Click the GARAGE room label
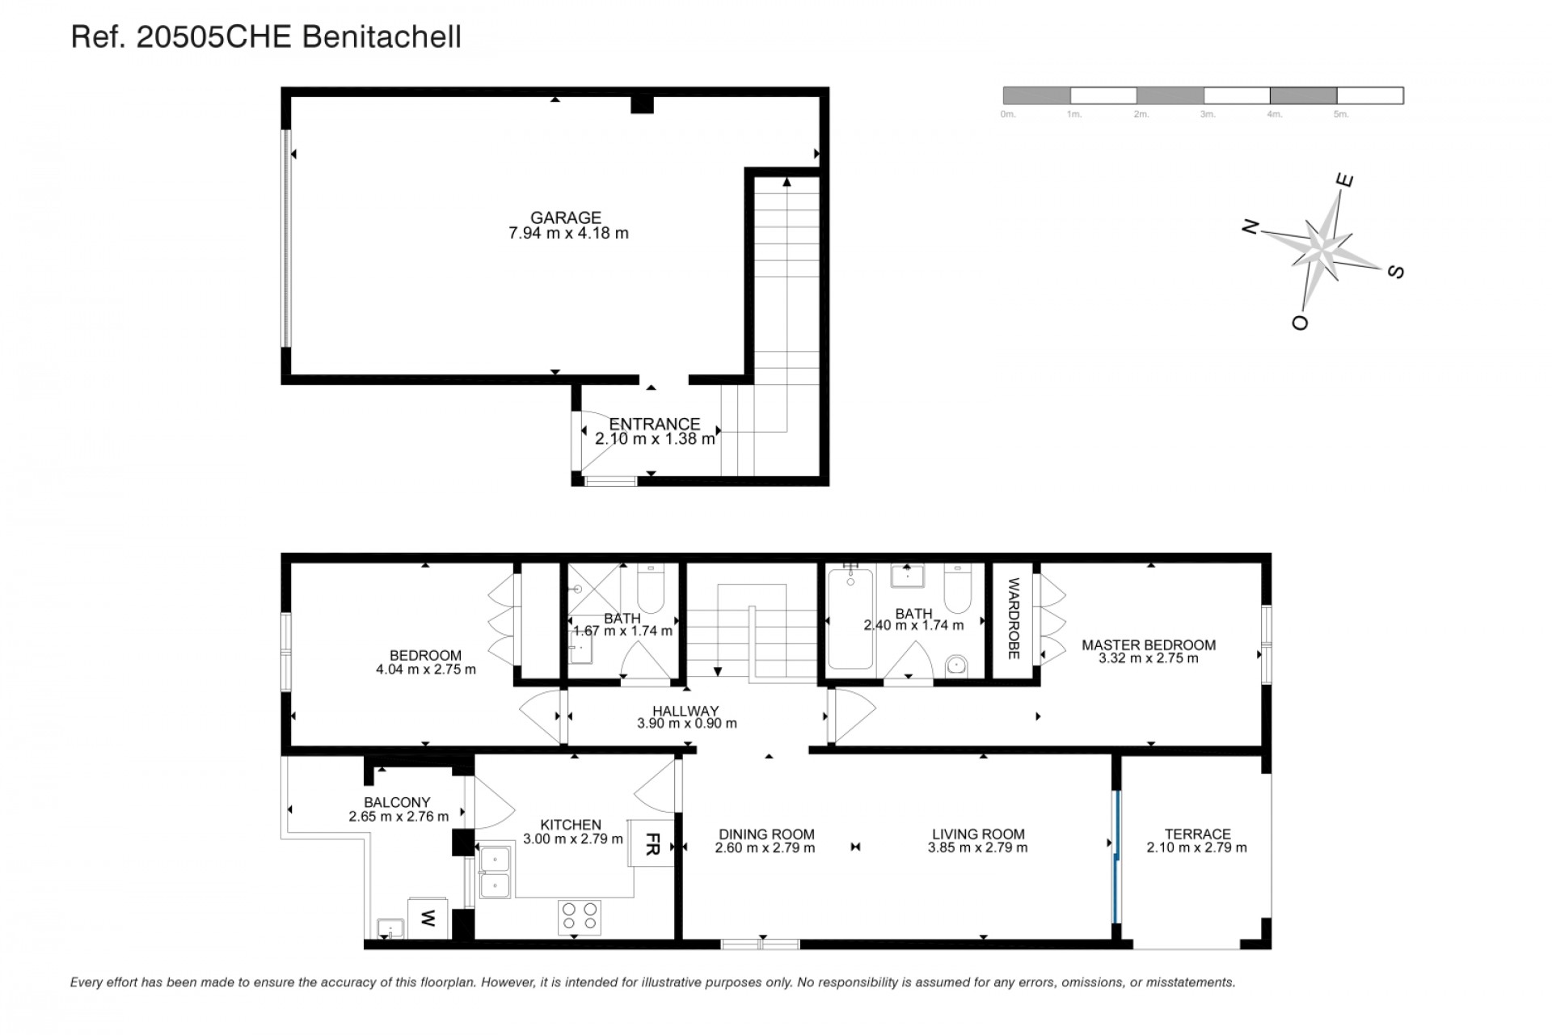565,218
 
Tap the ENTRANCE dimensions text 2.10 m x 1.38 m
655,439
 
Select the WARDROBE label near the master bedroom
1014,619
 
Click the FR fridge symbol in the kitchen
652,843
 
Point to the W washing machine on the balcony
428,919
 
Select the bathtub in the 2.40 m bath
850,619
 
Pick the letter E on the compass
1344,180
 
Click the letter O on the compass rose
1300,323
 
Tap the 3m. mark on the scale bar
1208,115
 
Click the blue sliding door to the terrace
1115,856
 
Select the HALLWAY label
685,711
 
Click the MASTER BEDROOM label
1148,644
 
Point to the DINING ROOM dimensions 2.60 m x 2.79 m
765,848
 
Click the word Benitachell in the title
382,37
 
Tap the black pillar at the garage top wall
641,104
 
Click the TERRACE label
1197,834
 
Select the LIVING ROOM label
978,834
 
